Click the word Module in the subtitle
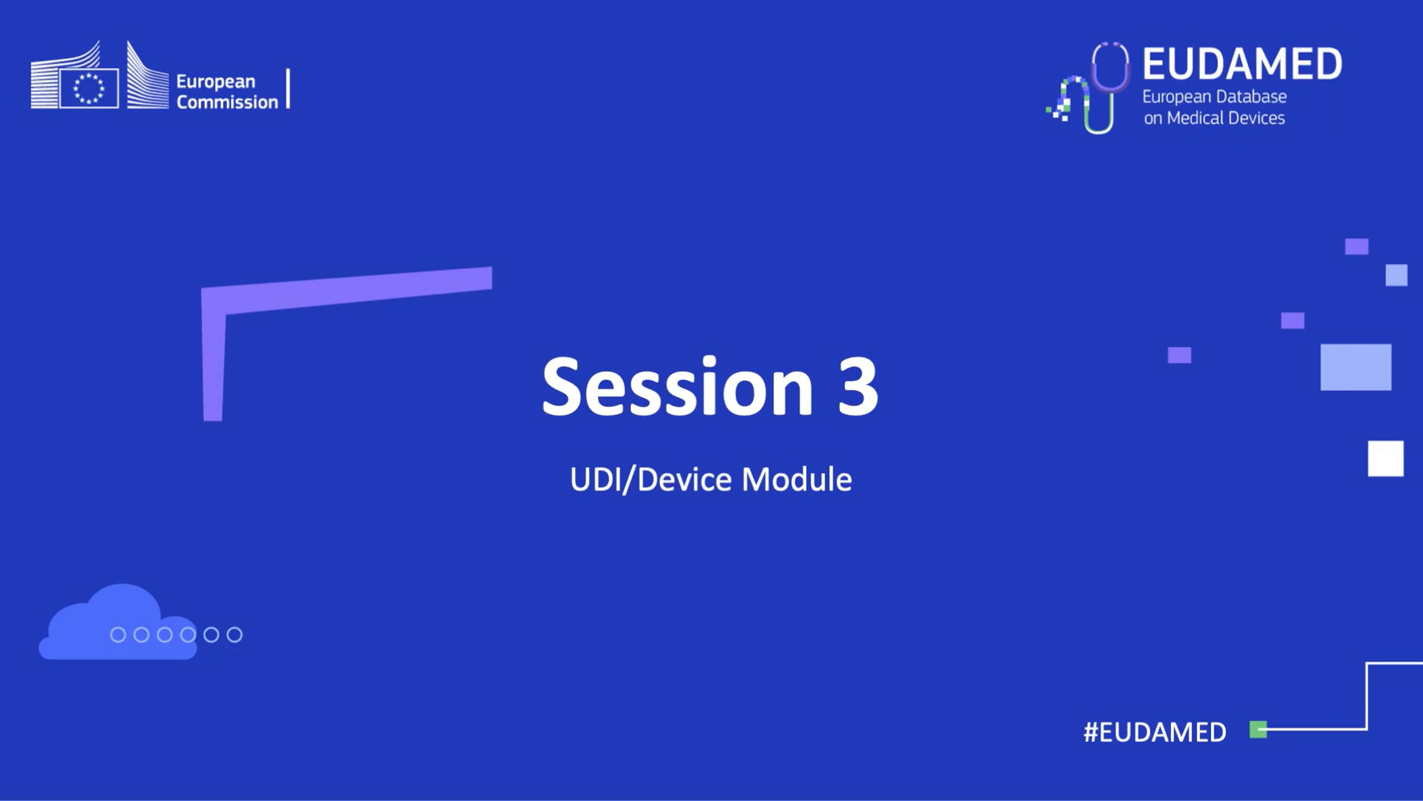coord(796,479)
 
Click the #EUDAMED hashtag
coord(1154,732)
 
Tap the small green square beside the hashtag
coord(1258,729)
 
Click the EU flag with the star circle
coord(89,89)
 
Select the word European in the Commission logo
coord(216,81)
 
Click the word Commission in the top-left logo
coord(227,102)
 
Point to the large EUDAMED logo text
coord(1242,64)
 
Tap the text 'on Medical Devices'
coord(1214,118)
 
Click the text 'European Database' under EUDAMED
coord(1214,97)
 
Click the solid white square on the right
coord(1386,458)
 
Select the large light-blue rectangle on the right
coord(1355,367)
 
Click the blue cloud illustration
coord(113,626)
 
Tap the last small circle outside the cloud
coord(235,635)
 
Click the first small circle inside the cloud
coord(118,635)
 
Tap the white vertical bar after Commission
coord(288,88)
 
